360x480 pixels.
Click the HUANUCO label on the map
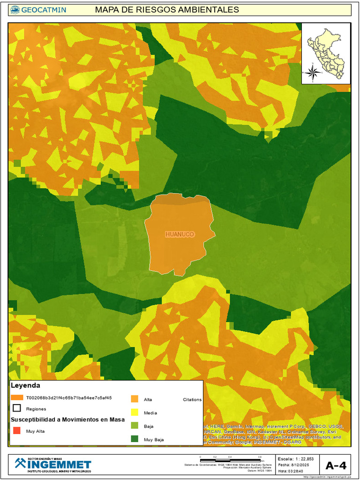[x=180, y=234]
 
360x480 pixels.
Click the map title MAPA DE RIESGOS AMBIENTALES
[x=166, y=10]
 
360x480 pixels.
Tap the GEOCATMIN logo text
[x=43, y=10]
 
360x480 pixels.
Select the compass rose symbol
[x=314, y=72]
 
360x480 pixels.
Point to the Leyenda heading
[x=25, y=385]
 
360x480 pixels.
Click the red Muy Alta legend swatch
[x=16, y=431]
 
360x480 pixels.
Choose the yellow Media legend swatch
[x=135, y=412]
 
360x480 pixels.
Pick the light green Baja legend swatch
[x=135, y=426]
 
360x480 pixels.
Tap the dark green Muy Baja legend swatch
[x=135, y=439]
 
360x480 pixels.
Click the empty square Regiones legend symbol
[x=16, y=408]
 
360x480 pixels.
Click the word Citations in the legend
[x=192, y=400]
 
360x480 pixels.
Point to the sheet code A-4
[x=336, y=465]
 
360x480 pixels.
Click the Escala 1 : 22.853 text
[x=296, y=458]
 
